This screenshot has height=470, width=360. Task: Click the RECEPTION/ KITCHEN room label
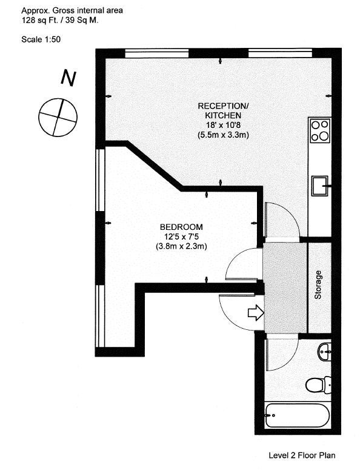pos(224,110)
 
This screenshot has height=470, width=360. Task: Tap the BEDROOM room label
pos(181,227)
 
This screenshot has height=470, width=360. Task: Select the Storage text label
pos(318,285)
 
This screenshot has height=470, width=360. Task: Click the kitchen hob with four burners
pos(320,130)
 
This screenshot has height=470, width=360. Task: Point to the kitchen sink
pos(321,186)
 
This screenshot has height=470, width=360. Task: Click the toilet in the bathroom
pos(318,384)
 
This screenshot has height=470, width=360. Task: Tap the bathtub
pos(298,415)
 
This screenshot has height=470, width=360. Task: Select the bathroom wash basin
pos(325,352)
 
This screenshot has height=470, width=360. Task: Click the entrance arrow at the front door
pos(256,313)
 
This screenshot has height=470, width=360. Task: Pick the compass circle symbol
pos(58,117)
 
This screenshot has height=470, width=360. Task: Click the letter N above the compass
pos(68,78)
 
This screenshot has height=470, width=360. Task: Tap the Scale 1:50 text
pos(41,39)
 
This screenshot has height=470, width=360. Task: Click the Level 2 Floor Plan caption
pos(302,455)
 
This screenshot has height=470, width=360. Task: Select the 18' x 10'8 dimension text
pos(223,126)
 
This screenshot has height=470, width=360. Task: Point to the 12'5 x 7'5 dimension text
pos(181,237)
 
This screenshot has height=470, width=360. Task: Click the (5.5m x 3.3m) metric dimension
pos(223,135)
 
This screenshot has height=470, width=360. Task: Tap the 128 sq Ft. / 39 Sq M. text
pos(60,21)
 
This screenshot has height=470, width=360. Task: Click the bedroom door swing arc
pos(232,260)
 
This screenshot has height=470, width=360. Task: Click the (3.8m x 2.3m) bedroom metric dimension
pos(181,247)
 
